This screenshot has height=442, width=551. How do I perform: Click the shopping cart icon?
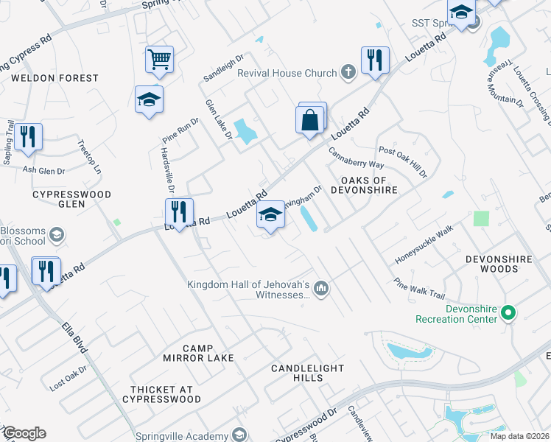[159, 60]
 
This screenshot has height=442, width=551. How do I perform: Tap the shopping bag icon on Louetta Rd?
[310, 119]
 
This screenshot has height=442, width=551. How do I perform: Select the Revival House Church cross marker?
[348, 72]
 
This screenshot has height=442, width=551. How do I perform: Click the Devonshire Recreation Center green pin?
[508, 313]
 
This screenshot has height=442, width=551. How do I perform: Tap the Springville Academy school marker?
[238, 435]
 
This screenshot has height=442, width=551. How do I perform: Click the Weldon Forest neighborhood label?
[55, 78]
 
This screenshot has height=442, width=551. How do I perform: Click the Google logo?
[24, 433]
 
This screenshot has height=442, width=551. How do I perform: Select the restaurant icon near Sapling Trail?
[28, 137]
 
